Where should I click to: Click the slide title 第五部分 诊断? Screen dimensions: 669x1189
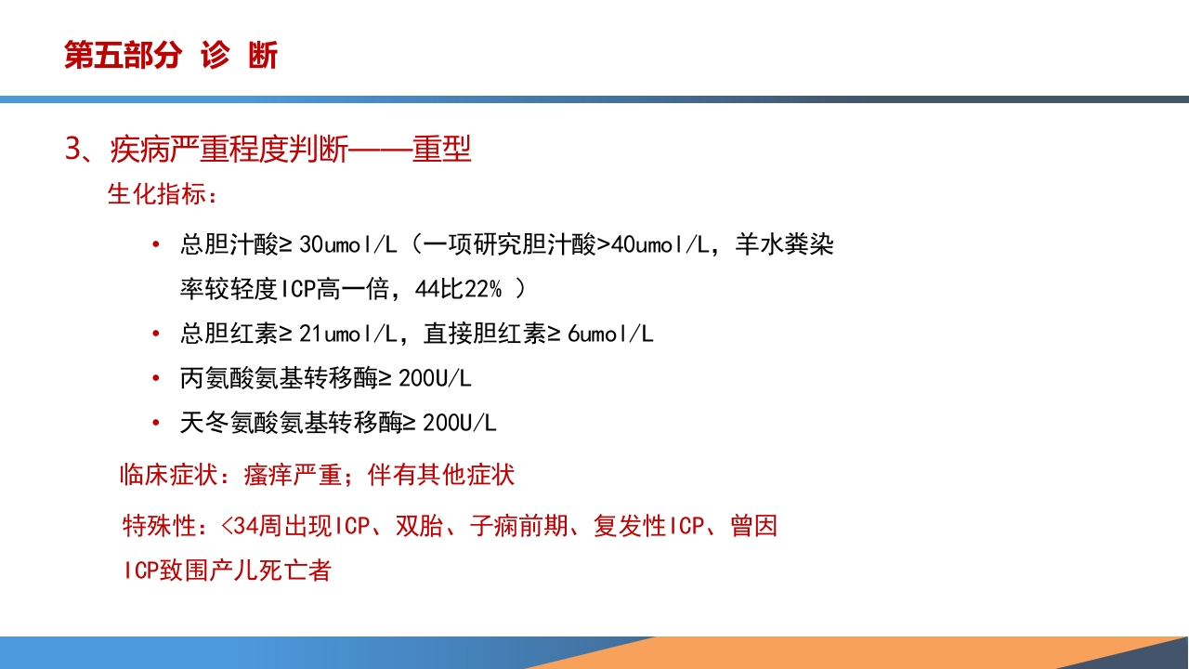pos(171,56)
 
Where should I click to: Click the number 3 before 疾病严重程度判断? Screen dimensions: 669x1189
pos(74,150)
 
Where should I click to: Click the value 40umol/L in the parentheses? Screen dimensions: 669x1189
pos(661,245)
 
